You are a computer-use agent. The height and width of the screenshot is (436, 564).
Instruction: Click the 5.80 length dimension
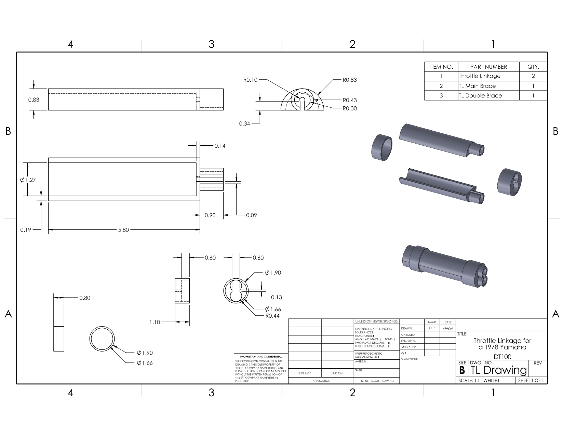pyautogui.click(x=123, y=230)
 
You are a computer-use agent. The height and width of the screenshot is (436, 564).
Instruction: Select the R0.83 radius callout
pyautogui.click(x=349, y=80)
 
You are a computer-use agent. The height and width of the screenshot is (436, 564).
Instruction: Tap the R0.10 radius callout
pyautogui.click(x=250, y=80)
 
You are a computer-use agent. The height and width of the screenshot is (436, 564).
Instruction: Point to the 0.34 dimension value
pyautogui.click(x=244, y=124)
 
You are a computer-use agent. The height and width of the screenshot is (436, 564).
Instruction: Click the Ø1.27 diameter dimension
pyautogui.click(x=28, y=180)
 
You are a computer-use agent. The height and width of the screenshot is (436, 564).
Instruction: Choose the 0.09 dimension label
pyautogui.click(x=251, y=215)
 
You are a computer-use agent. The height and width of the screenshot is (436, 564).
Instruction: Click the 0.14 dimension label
pyautogui.click(x=220, y=146)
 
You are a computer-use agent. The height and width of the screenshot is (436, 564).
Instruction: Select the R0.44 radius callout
pyautogui.click(x=272, y=316)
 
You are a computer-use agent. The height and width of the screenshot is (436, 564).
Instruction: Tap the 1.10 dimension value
pyautogui.click(x=155, y=322)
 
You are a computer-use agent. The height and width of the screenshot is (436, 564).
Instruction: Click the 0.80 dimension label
pyautogui.click(x=85, y=298)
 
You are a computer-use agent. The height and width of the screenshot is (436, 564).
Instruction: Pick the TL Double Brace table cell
pyautogui.click(x=480, y=96)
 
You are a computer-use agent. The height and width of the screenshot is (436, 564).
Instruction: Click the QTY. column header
pyautogui.click(x=533, y=67)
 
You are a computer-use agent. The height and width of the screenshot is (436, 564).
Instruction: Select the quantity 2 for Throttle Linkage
pyautogui.click(x=533, y=76)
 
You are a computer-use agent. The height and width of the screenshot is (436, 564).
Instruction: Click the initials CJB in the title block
pyautogui.click(x=432, y=328)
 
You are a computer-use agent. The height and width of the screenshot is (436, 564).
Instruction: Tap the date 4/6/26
pyautogui.click(x=448, y=328)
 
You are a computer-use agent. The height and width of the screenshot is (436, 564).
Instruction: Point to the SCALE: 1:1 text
pyautogui.click(x=469, y=381)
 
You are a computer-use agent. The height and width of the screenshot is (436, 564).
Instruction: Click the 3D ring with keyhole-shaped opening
pyautogui.click(x=509, y=182)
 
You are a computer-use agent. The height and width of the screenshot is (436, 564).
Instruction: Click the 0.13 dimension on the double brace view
pyautogui.click(x=277, y=298)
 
